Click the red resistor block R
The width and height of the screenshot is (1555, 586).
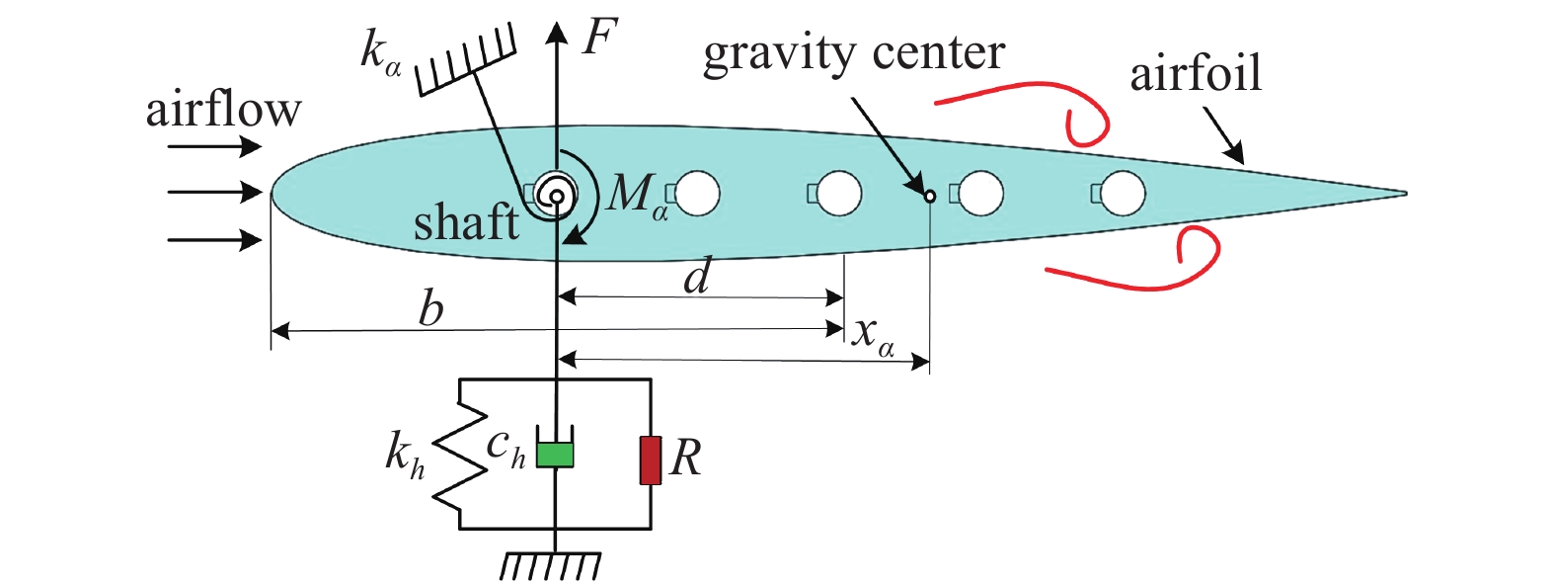coord(650,460)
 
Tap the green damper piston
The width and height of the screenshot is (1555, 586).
coord(555,454)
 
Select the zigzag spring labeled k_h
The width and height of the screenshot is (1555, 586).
coord(461,455)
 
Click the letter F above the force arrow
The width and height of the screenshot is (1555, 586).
coord(599,38)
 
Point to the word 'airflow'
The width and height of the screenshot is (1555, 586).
coord(223,109)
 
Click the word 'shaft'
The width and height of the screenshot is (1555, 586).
coord(466,222)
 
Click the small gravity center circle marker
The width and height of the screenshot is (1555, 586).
coord(929,196)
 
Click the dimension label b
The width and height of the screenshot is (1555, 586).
coord(430,309)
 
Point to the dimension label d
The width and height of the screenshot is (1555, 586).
coord(697,277)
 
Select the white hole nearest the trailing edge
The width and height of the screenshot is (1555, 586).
coord(1123,193)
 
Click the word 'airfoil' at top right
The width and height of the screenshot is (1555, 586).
coord(1196,74)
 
